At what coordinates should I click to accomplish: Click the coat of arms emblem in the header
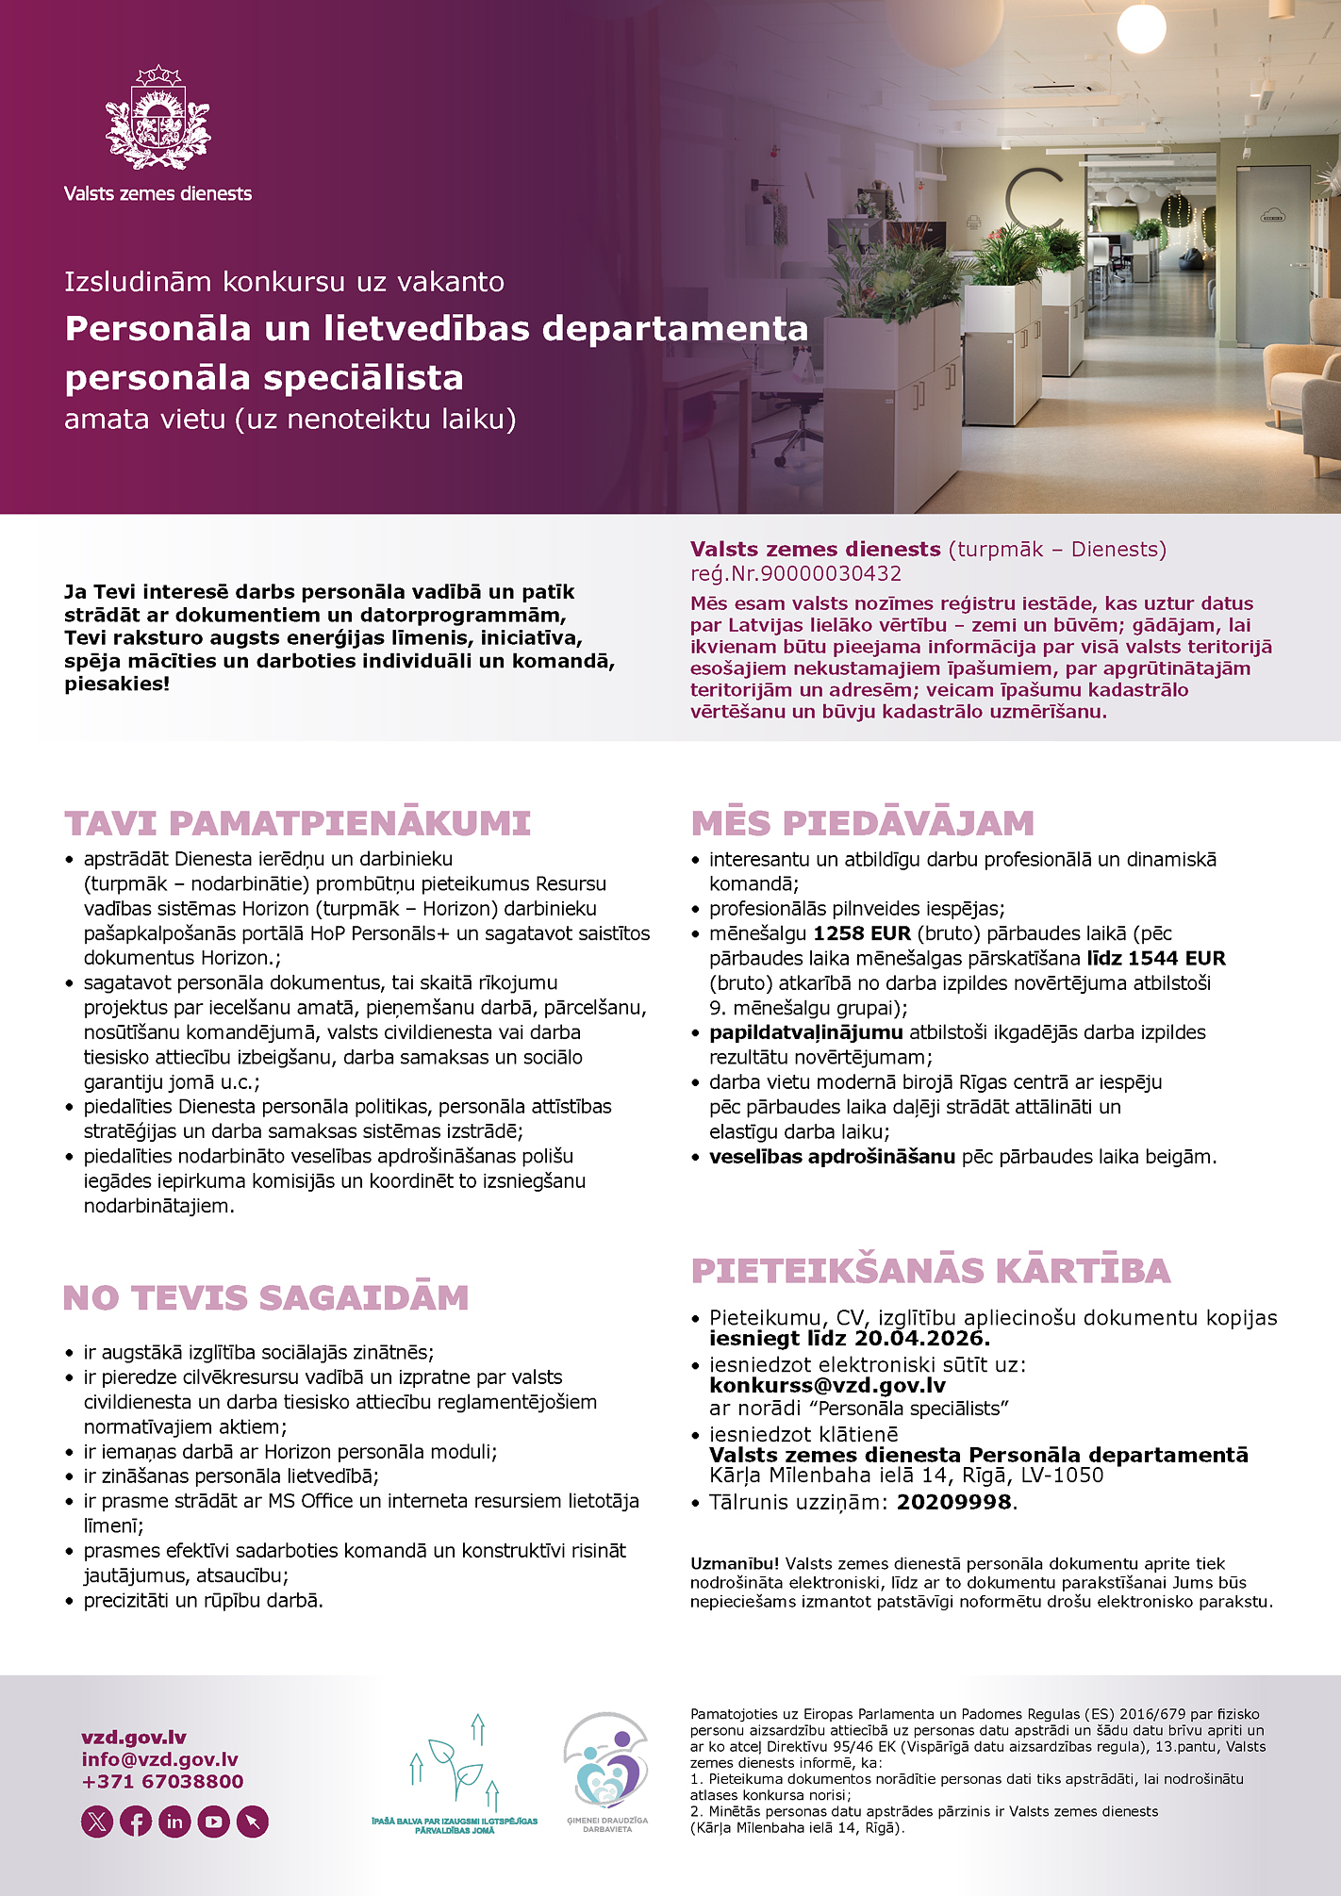[x=157, y=118]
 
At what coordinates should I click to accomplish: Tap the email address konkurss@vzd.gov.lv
[x=827, y=1385]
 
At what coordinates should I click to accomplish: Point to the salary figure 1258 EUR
[x=862, y=933]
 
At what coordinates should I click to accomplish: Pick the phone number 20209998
[x=953, y=1502]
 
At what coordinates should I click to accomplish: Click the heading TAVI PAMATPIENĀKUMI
[x=297, y=823]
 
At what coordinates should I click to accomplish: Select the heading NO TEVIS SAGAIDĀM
[x=266, y=1298]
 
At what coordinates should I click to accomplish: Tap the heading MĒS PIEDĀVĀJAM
[x=862, y=823]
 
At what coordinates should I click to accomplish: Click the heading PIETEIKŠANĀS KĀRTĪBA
[x=930, y=1271]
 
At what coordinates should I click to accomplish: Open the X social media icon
[x=97, y=1822]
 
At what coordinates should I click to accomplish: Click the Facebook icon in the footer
[x=136, y=1822]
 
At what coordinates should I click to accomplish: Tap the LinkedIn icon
[x=174, y=1822]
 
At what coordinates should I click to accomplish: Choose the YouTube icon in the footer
[x=214, y=1822]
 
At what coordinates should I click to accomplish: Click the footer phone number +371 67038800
[x=162, y=1781]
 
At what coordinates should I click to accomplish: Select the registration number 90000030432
[x=831, y=573]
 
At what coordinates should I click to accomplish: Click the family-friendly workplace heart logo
[x=606, y=1765]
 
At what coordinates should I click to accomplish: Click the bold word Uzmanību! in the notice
[x=735, y=1563]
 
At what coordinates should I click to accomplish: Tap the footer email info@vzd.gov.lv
[x=159, y=1759]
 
